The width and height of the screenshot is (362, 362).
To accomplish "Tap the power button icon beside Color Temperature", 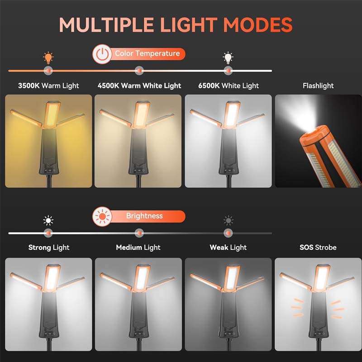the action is pos(102,54).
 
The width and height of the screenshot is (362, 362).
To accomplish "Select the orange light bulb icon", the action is pos(48,57).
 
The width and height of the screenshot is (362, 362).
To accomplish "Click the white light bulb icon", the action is pos(228,57).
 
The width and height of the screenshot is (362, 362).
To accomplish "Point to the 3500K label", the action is pos(29,86).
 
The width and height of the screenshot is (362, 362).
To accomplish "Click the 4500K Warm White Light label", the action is pos(139,86).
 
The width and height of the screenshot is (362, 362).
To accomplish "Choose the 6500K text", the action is pos(209,86).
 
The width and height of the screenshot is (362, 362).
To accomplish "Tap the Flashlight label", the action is pos(318,86).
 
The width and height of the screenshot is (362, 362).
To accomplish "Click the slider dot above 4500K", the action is pos(139,71).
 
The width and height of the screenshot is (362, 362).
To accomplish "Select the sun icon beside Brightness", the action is pos(102,216).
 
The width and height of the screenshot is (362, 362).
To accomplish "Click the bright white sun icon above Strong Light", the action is pos(48,221).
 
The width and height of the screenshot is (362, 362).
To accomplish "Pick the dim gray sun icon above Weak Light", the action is pos(229,221).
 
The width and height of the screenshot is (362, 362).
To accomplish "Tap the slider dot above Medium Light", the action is pos(139,233).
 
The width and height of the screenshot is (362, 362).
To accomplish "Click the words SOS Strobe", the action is pos(318,248).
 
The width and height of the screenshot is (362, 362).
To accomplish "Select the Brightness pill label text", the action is pos(144,216).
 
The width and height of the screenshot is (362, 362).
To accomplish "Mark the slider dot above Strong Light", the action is pos(48,233).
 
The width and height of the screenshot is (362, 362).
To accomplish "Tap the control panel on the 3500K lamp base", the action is pos(50,171).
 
